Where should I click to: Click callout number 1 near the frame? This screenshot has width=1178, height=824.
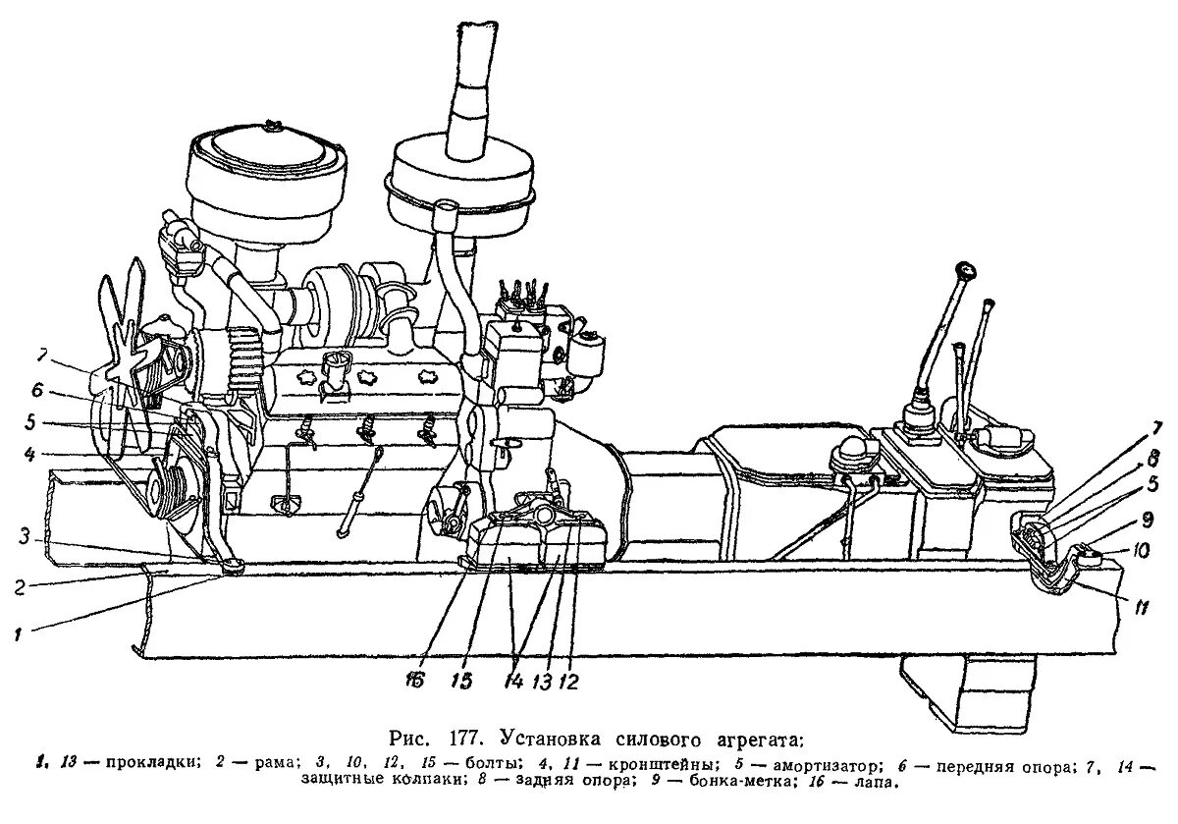[17, 634]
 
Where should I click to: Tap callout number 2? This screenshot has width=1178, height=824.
[19, 587]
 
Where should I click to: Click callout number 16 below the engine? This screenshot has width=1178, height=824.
[416, 679]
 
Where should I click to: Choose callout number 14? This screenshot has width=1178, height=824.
[514, 679]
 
